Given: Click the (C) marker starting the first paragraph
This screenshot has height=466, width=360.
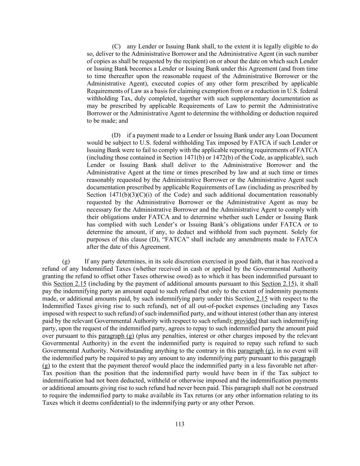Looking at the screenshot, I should pyautogui.click(x=116, y=46).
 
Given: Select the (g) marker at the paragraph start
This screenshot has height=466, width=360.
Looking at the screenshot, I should pyautogui.click(x=66, y=262).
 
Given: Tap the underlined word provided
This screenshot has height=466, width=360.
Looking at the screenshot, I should pyautogui.click(x=246, y=321).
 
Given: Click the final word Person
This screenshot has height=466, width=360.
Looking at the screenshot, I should pyautogui.click(x=244, y=403).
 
